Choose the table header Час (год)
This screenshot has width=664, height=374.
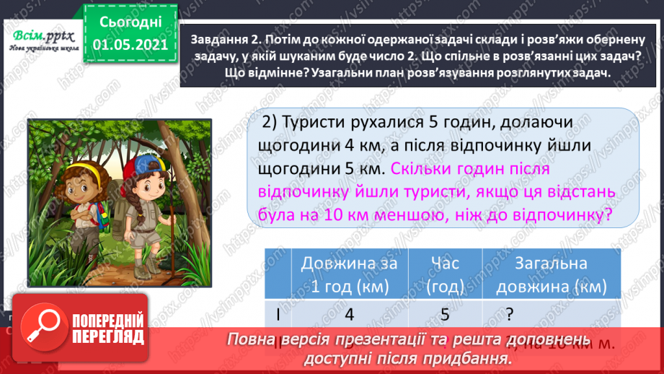point(444,274)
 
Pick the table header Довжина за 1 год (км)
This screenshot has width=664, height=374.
point(349,274)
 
